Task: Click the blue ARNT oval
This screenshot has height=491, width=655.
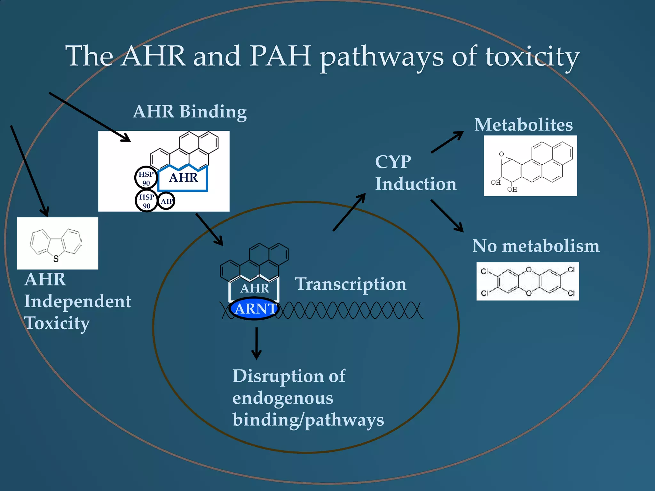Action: point(255,308)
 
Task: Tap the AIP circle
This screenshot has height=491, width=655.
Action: point(166,201)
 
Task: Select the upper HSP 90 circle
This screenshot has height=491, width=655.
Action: point(146,178)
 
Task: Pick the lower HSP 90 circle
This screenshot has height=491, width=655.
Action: point(146,201)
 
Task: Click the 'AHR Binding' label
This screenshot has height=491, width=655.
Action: point(190,112)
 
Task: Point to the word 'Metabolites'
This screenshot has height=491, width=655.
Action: point(524,125)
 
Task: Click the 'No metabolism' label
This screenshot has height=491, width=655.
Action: point(536,246)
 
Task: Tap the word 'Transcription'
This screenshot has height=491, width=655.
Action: point(351,284)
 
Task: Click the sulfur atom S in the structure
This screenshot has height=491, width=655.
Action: point(56,259)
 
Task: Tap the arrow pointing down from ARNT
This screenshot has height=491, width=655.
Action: point(256,344)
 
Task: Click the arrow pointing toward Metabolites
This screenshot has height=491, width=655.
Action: point(447,142)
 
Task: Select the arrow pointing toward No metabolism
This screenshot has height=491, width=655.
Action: point(447,216)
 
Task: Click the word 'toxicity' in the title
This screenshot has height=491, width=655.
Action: point(532,56)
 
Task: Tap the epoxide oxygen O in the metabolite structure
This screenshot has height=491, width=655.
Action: point(501,154)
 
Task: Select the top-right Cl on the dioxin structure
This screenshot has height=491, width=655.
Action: point(571,270)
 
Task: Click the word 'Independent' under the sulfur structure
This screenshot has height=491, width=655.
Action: point(78,301)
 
